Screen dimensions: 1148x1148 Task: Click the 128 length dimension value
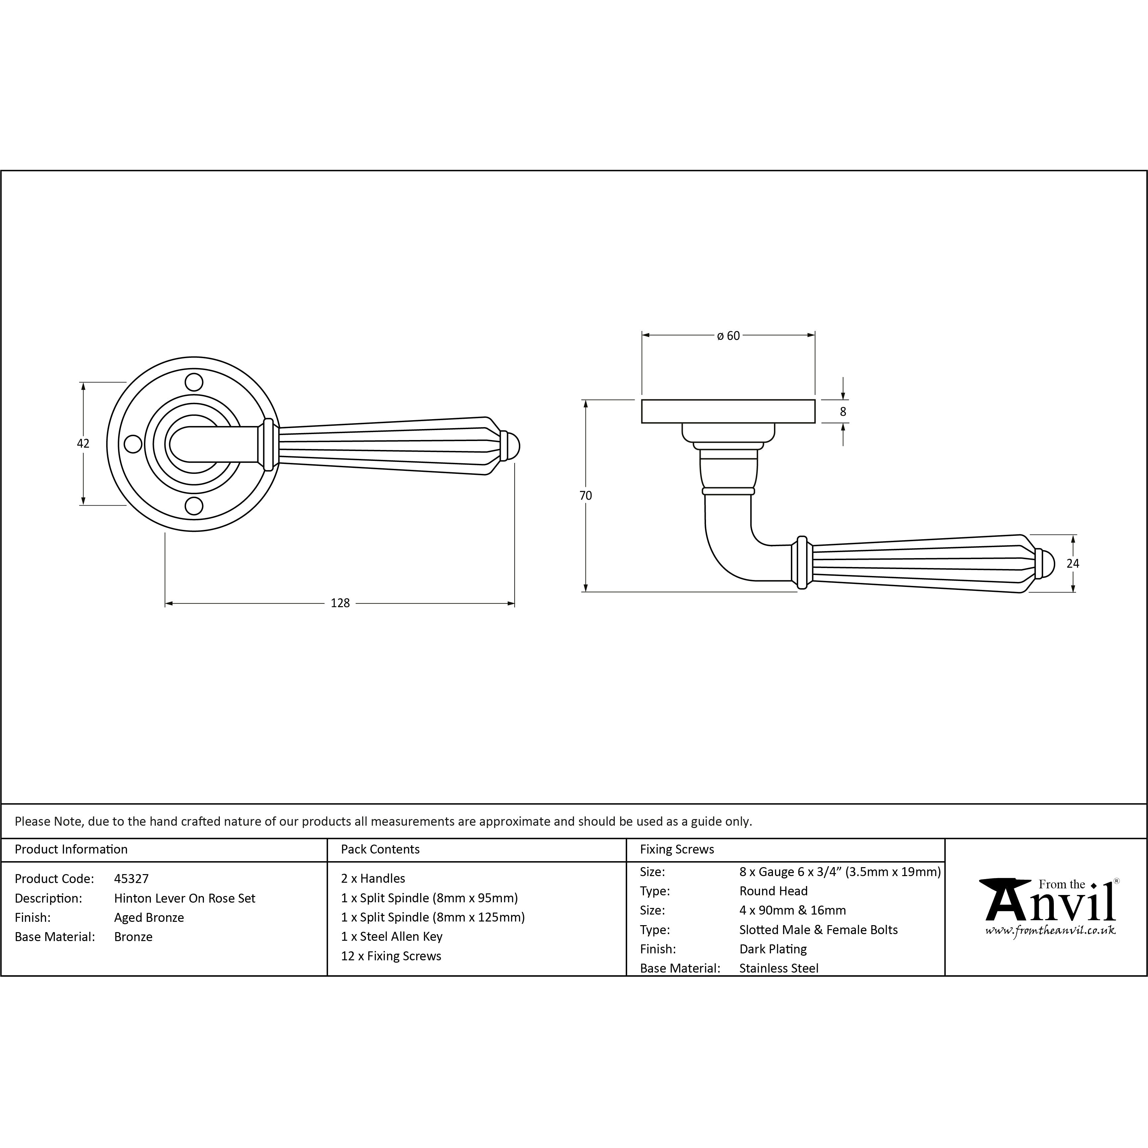[x=340, y=603]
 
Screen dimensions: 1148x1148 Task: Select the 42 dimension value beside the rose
[x=83, y=443]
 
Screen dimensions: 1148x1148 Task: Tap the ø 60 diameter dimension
[x=729, y=336]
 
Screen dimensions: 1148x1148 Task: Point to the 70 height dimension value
[x=586, y=495]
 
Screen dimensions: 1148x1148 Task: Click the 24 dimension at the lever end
[x=1072, y=563]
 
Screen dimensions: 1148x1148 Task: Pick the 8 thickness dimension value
[x=843, y=411]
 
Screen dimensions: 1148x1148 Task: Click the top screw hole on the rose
[x=194, y=381]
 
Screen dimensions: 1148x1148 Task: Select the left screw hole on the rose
[x=133, y=444]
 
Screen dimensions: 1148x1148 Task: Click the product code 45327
[x=131, y=878]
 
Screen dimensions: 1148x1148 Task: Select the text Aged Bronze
[x=149, y=918]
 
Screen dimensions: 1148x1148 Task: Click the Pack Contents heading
[x=380, y=849]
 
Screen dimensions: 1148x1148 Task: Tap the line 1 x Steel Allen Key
[x=392, y=936]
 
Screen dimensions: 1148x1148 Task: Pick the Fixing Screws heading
[x=677, y=849]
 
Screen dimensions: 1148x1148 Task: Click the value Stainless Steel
[x=778, y=968]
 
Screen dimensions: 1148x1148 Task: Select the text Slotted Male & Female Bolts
[x=818, y=930]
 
